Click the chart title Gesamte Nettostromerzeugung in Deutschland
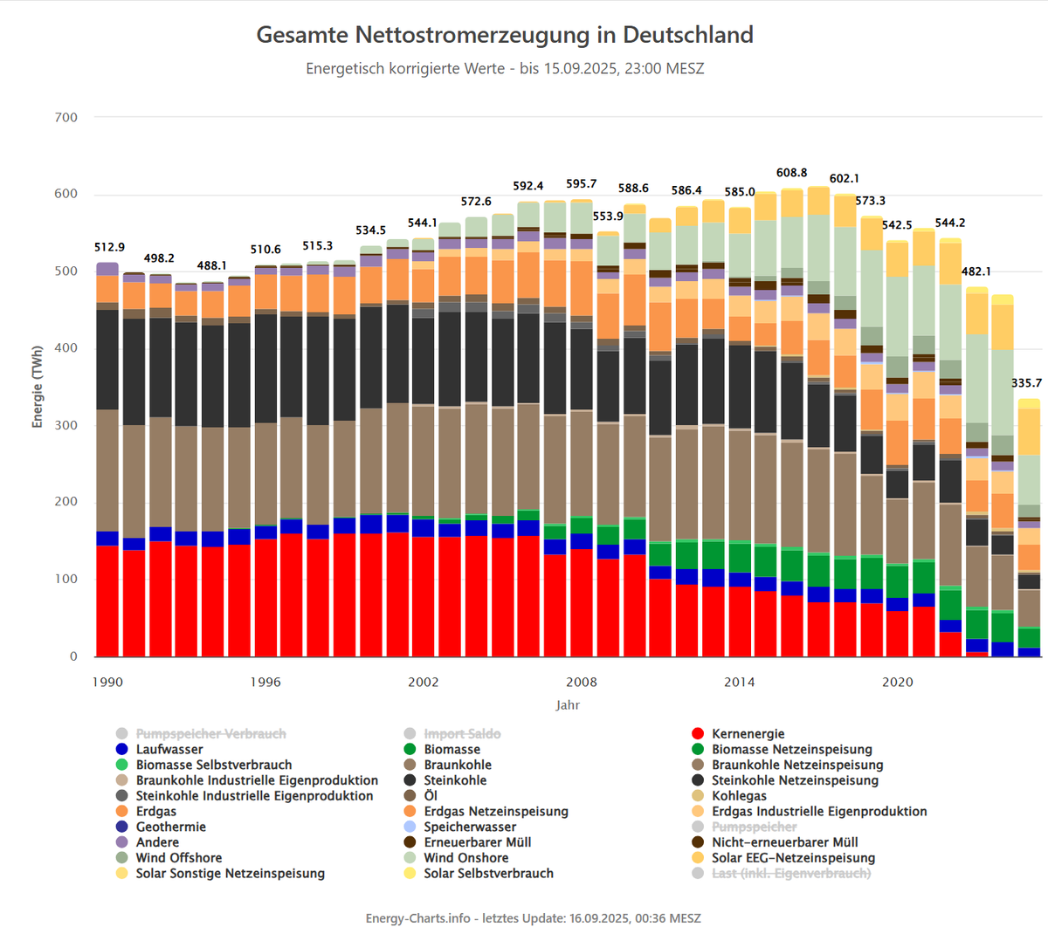point(505,35)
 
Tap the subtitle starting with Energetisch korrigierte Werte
point(505,68)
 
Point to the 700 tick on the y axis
point(66,117)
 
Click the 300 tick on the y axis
point(66,425)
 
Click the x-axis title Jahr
point(567,704)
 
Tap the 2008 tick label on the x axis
point(581,682)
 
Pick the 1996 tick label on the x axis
point(265,682)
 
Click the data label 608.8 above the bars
point(791,173)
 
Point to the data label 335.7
point(1026,383)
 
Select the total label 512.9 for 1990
point(109,247)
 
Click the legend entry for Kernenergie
point(748,734)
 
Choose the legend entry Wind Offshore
point(178,858)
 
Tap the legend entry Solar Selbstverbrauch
point(488,873)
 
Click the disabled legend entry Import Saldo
point(462,734)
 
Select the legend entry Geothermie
point(170,827)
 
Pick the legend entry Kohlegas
point(739,796)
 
